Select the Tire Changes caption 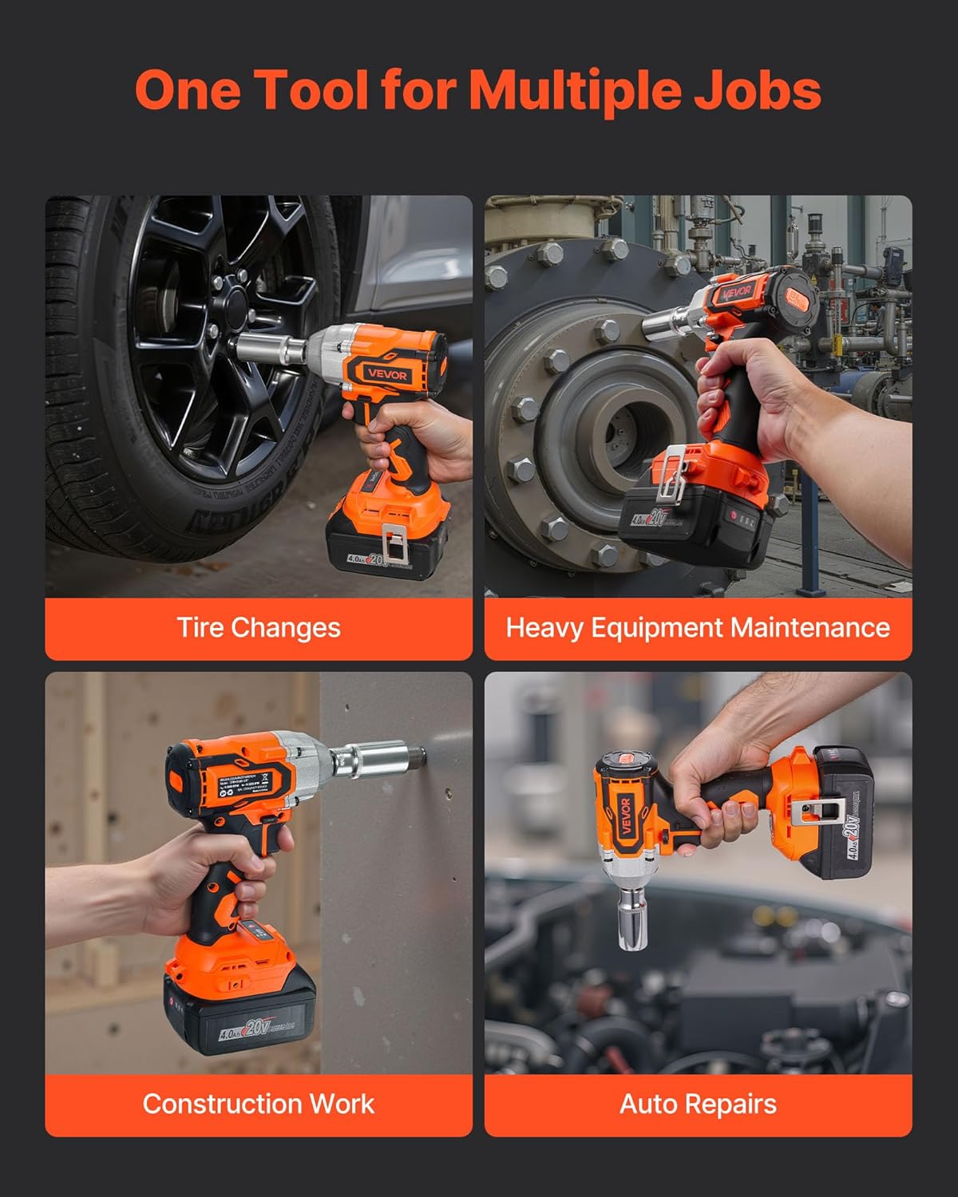pyautogui.click(x=259, y=628)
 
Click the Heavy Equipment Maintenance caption pyautogui.click(x=698, y=628)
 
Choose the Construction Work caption pyautogui.click(x=259, y=1104)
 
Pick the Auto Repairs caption pyautogui.click(x=698, y=1104)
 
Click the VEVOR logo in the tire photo pyautogui.click(x=388, y=374)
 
